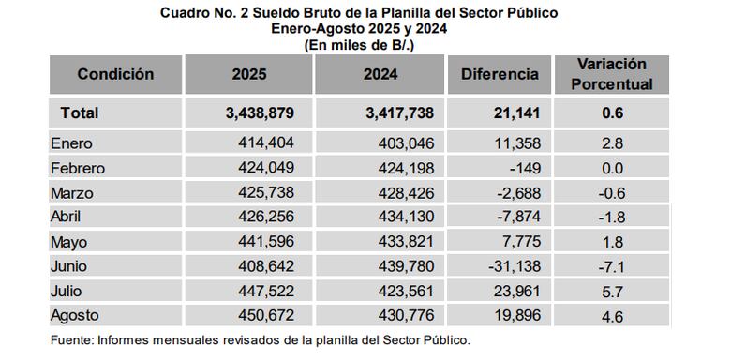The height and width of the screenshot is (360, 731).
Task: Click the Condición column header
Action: pyautogui.click(x=115, y=74)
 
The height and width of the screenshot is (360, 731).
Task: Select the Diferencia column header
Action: pyautogui.click(x=500, y=74)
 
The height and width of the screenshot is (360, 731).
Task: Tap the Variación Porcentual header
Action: pyautogui.click(x=613, y=74)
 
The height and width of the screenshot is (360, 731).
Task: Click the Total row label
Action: pyautogui.click(x=80, y=113)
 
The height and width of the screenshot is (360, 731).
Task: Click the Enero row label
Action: pyautogui.click(x=74, y=144)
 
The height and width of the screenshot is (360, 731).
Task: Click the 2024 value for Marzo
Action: pyautogui.click(x=409, y=193)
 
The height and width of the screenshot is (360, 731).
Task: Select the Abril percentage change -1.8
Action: pyautogui.click(x=613, y=217)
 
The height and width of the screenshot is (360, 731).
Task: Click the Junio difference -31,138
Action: pyautogui.click(x=512, y=266)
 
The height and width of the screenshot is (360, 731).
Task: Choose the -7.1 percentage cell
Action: pyautogui.click(x=613, y=266)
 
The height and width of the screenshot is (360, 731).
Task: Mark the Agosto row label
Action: pyautogui.click(x=77, y=316)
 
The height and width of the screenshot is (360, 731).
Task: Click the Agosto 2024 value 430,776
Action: pyautogui.click(x=409, y=316)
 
